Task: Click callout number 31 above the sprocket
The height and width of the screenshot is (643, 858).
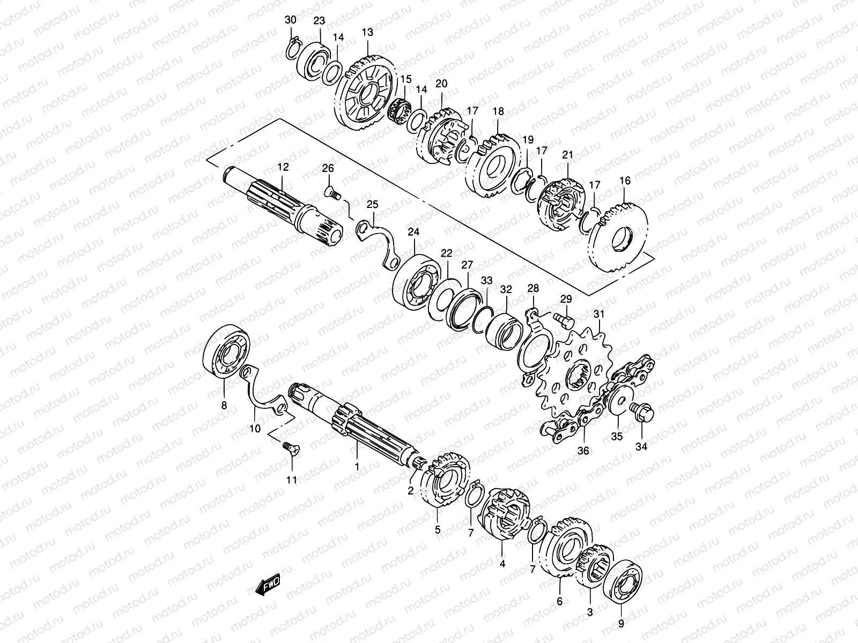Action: (x=598, y=314)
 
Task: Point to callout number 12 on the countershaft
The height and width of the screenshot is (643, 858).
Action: (x=283, y=167)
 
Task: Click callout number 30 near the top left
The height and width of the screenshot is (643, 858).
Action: (x=290, y=20)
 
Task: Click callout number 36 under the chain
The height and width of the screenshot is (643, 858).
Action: (x=583, y=451)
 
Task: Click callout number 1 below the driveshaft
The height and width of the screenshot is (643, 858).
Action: (x=357, y=466)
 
